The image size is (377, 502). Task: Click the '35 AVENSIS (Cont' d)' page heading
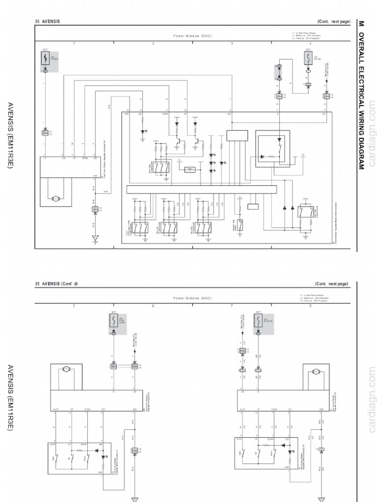(x=56, y=283)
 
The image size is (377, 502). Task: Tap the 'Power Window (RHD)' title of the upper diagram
(x=192, y=36)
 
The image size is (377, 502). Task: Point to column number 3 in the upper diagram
(x=232, y=44)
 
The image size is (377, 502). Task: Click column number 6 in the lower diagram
(x=153, y=306)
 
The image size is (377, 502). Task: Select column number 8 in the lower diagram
(x=310, y=306)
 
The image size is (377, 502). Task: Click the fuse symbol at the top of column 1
(x=45, y=58)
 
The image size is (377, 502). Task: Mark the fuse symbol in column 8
(x=257, y=321)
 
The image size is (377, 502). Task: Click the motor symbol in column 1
(x=55, y=198)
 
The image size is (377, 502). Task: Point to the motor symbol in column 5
(x=67, y=368)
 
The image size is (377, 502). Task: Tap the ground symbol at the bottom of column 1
(x=95, y=239)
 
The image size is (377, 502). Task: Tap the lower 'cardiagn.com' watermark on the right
(x=371, y=402)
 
